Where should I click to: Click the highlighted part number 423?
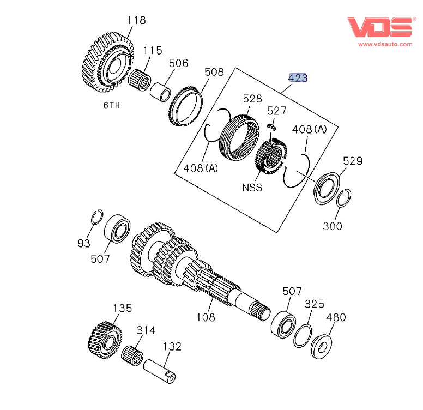pos(298,78)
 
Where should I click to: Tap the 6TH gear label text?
pos(111,105)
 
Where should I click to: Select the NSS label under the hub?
pos(252,188)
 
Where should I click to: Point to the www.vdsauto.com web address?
pos(385,44)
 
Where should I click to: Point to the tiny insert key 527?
pos(271,127)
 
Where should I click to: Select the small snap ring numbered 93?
pos(96,216)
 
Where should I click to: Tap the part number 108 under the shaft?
pos(206,317)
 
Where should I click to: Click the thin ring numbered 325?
pos(303,335)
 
